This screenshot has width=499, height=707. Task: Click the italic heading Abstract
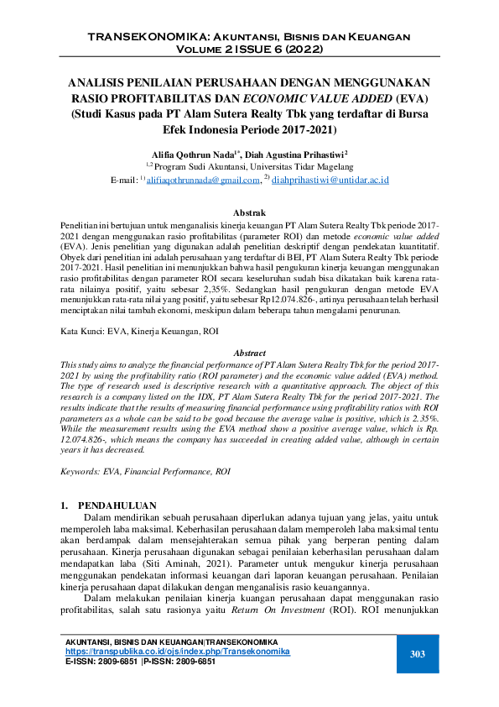tap(249, 354)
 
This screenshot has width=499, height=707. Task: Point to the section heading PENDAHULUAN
tap(117, 505)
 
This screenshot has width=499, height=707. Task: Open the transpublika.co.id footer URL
tap(177, 652)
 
